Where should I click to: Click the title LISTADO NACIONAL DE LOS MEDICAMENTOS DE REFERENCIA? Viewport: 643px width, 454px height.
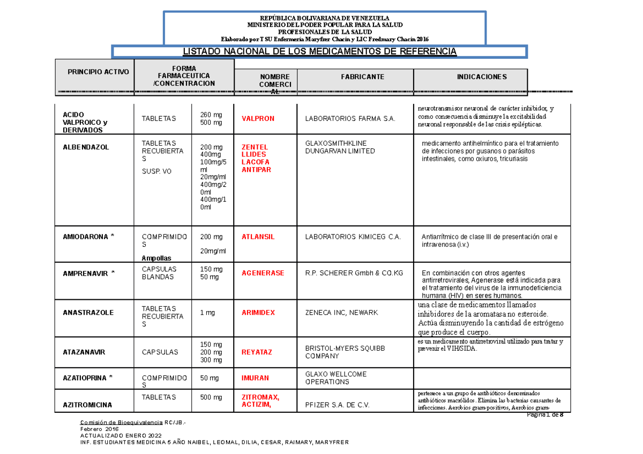coord(319,51)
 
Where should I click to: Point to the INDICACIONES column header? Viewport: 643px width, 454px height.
coord(481,77)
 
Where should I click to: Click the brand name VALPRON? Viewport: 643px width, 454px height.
coord(258,118)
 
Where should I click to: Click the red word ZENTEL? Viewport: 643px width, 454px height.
coord(255,147)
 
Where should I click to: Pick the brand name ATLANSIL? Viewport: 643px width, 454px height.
coord(258,237)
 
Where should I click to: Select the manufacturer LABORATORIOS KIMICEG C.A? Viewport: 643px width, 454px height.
coord(353,237)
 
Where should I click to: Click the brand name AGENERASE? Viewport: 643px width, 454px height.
coord(263,273)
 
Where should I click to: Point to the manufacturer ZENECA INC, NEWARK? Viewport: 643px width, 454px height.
coord(341,312)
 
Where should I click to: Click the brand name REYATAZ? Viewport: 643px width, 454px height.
coord(257,352)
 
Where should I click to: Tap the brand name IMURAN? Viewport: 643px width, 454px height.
coord(255,378)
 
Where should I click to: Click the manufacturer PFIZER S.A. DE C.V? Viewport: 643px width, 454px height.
coord(338,405)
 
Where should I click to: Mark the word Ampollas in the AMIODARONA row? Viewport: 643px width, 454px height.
coord(156,258)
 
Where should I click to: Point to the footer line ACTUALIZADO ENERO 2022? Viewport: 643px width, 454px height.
coord(119,436)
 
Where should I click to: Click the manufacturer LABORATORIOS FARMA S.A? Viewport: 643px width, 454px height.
coord(350,118)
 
